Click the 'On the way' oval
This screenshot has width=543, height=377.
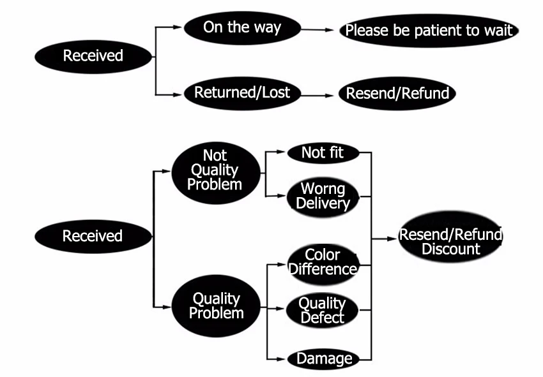[242, 28]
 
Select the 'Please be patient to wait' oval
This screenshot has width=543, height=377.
[429, 31]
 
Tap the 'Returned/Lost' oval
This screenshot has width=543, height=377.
[242, 93]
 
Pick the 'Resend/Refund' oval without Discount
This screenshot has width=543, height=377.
[397, 93]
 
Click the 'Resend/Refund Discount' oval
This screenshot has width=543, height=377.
[450, 237]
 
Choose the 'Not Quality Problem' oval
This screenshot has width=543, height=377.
[216, 173]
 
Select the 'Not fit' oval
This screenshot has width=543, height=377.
[323, 153]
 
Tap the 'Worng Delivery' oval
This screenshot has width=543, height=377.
[323, 197]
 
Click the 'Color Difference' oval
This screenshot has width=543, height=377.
[323, 264]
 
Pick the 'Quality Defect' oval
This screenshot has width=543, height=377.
[322, 310]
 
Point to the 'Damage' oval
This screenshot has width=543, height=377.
[323, 359]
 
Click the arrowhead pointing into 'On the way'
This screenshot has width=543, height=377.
[178, 27]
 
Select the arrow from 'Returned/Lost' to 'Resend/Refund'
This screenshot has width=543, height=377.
[317, 95]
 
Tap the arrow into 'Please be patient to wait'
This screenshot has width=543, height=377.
[317, 30]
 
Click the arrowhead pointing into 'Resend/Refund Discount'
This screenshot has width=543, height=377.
[392, 239]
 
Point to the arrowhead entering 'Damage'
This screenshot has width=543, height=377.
[281, 359]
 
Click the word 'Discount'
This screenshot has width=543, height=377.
[451, 249]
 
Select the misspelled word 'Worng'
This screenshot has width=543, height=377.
[323, 189]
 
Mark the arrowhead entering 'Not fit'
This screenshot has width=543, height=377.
[281, 151]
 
